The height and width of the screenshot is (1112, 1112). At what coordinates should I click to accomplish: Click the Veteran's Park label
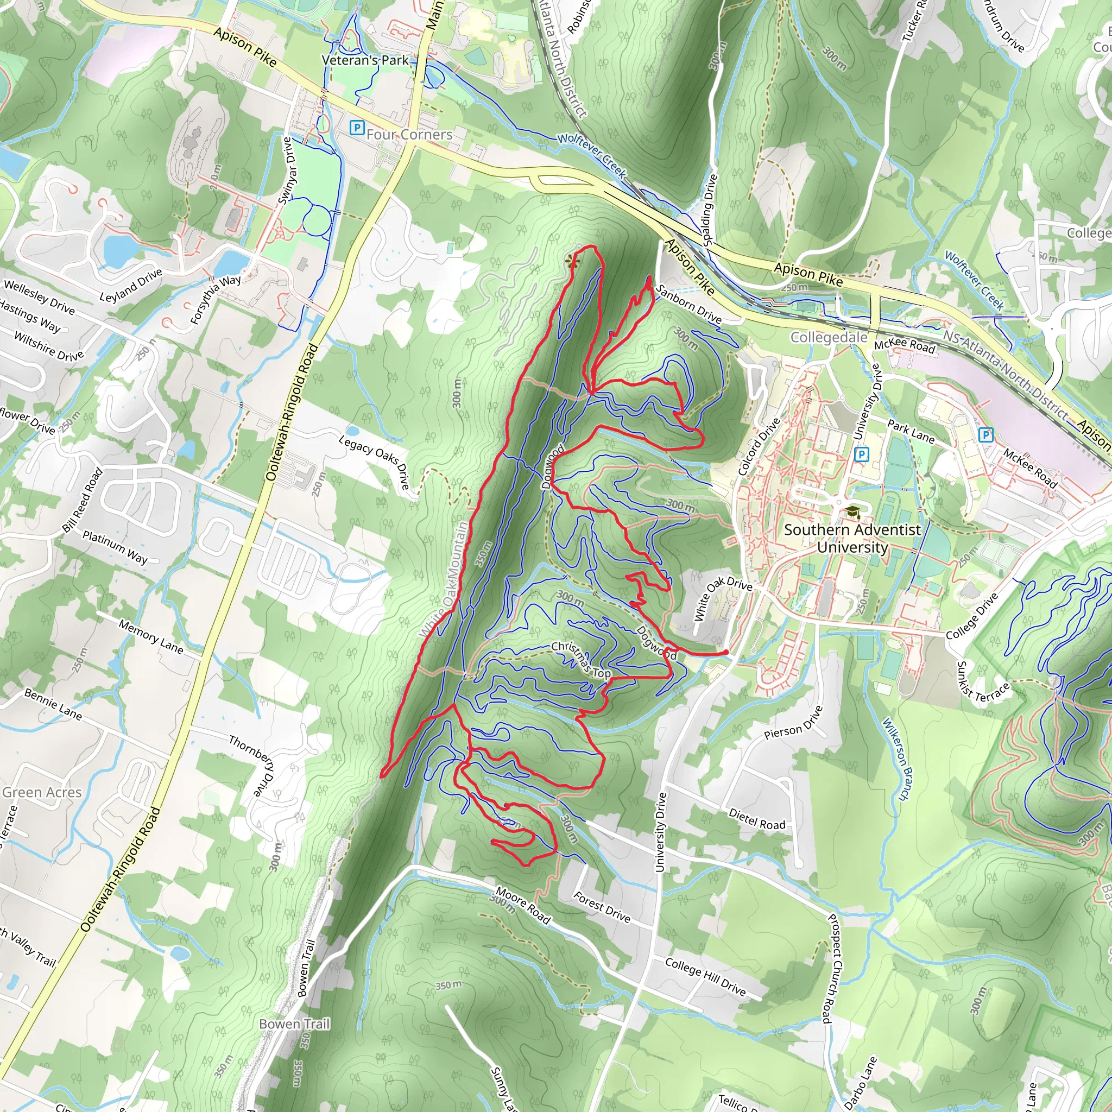pos(365,60)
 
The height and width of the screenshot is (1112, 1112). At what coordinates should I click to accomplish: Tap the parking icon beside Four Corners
pos(357,127)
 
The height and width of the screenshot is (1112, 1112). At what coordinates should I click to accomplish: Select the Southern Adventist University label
pos(852,538)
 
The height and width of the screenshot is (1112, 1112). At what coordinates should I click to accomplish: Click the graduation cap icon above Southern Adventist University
pos(852,511)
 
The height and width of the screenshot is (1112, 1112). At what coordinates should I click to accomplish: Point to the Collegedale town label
pos(828,337)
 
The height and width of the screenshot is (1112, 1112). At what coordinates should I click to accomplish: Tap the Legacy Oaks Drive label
pos(374,462)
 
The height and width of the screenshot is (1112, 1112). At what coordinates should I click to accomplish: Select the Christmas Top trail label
pos(582,659)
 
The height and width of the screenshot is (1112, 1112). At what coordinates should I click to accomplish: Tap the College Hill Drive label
pos(705,977)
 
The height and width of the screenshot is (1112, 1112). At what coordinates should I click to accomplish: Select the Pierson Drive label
pos(794,722)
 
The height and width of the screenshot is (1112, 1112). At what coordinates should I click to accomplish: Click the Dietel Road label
pos(757,819)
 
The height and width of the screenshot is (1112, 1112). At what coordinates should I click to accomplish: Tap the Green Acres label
pos(42,793)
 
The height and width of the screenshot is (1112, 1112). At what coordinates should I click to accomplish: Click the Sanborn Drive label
pos(688,304)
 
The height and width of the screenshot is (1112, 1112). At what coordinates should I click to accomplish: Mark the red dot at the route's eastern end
pos(726,652)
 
